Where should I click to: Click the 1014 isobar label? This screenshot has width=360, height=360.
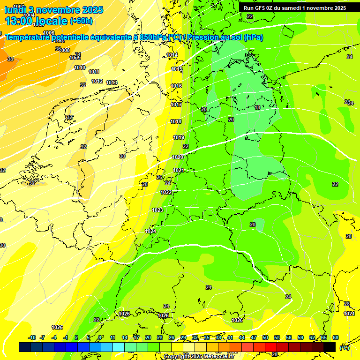coord(172,55)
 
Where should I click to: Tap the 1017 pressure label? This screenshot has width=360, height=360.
coord(176,105)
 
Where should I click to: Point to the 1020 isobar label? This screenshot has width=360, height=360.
coord(178,157)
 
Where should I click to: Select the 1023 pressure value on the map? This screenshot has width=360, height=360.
coord(157,210)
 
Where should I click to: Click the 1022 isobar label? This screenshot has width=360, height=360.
coord(166,192)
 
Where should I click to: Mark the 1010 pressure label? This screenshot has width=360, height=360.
coord(80,67)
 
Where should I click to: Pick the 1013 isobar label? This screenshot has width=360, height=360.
coord(112,82)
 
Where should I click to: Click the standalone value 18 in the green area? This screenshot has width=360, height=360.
coord(257,107)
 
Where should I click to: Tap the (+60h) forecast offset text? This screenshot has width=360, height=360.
coord(81,21)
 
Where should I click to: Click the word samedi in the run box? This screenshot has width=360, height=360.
coord(292,8)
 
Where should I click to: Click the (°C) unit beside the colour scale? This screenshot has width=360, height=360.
coord(345,347)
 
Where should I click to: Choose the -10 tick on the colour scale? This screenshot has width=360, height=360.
coord(32,337)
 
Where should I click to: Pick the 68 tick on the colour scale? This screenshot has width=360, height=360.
coord(336,337)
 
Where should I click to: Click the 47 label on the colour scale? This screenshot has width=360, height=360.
coord(254,337)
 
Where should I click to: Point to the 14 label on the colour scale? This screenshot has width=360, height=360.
coord(125,337)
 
